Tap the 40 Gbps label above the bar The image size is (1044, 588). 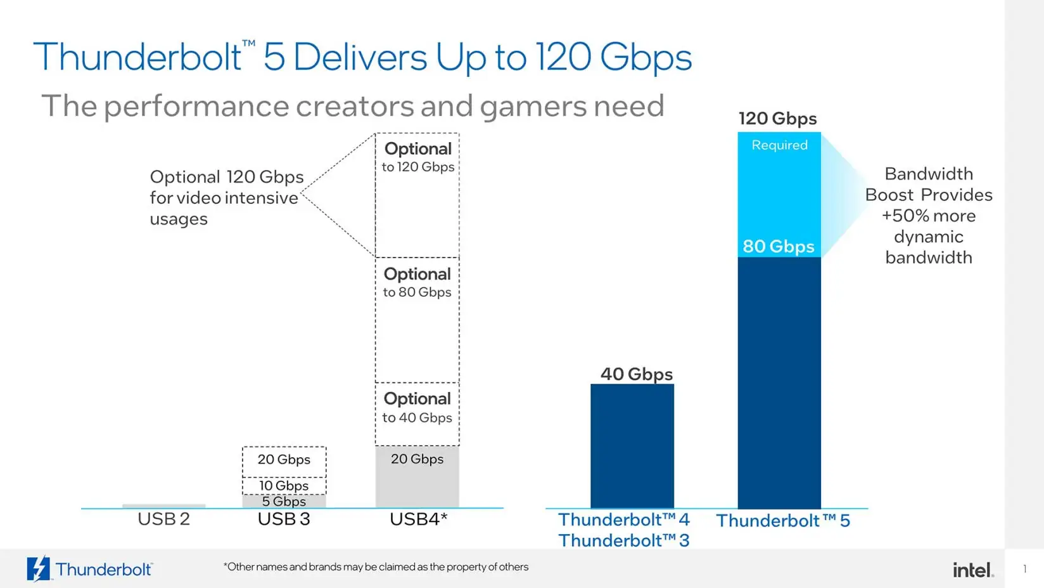point(636,374)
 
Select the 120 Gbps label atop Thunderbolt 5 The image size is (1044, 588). point(777,119)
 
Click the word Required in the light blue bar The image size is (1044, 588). point(779,145)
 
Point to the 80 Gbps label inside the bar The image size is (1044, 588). point(778,246)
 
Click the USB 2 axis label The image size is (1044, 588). point(163,519)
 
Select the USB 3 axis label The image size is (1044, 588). point(284,519)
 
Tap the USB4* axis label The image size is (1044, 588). point(418,519)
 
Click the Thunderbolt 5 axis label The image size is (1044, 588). point(782,521)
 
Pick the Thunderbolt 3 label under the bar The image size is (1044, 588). point(623,540)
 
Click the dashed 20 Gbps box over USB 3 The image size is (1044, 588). point(284,460)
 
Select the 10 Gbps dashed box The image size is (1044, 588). point(284,486)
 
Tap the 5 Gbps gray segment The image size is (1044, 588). point(284,501)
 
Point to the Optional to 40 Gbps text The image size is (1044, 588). point(417,408)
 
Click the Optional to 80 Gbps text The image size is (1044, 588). point(417,283)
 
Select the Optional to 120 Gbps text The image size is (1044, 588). point(417,157)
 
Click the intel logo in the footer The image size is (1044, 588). point(972,570)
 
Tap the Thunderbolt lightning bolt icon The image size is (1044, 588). point(38,569)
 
